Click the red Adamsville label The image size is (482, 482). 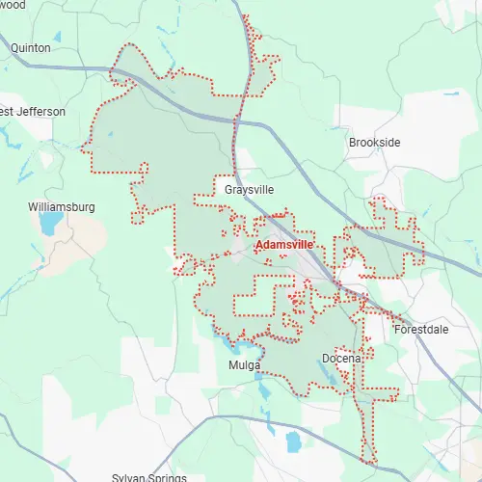284,246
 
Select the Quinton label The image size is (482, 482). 31,46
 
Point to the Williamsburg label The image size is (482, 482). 62,207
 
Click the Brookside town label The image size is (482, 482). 374,143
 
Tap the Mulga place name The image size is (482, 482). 245,365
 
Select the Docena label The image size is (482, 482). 341,359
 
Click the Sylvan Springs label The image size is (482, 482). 148,477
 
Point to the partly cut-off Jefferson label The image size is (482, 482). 33,112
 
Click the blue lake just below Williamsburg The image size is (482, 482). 48,226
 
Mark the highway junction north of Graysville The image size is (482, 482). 237,120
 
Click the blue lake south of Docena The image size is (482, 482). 293,442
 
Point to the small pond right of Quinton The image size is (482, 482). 57,37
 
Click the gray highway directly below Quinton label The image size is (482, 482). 39,66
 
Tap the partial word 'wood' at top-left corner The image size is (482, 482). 12,5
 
